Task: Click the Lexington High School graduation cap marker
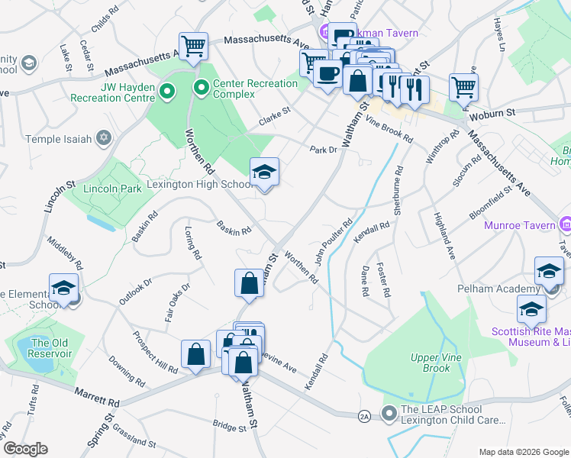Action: pyautogui.click(x=265, y=173)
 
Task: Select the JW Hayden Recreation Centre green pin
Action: pyautogui.click(x=168, y=92)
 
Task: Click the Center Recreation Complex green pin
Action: pyautogui.click(x=202, y=89)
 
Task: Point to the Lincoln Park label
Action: pyautogui.click(x=102, y=188)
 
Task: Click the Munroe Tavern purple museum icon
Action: pyautogui.click(x=565, y=224)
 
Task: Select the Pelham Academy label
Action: pyautogui.click(x=508, y=289)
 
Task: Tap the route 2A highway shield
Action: pyautogui.click(x=365, y=415)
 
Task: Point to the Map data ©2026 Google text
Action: pyautogui.click(x=522, y=452)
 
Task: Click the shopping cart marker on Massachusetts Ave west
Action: pyautogui.click(x=194, y=47)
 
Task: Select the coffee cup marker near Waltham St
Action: pyautogui.click(x=327, y=75)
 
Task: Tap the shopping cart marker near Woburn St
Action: pyautogui.click(x=463, y=86)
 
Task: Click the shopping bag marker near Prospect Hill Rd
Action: pyautogui.click(x=196, y=354)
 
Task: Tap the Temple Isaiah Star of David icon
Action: pyautogui.click(x=103, y=139)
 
